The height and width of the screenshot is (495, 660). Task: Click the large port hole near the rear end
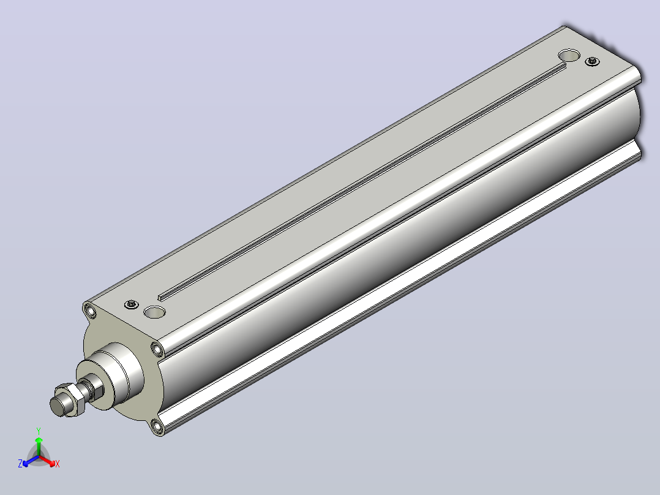[569, 55]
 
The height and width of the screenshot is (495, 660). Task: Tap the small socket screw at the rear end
[593, 61]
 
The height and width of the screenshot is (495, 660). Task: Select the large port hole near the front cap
[154, 312]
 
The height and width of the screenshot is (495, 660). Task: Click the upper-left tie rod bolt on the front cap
[90, 311]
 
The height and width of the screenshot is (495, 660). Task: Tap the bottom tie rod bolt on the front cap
[157, 427]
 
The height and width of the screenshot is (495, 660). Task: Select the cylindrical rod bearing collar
[111, 375]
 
